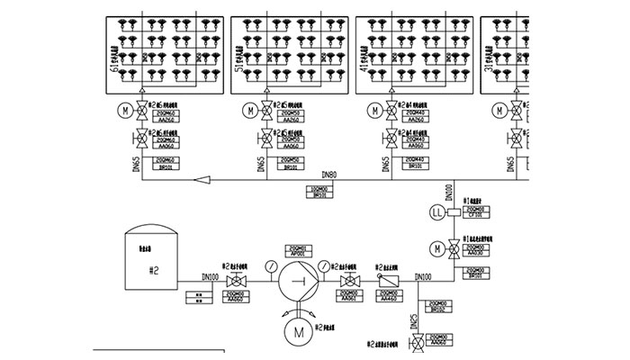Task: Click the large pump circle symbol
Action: [296, 283]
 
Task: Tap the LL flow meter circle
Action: [437, 212]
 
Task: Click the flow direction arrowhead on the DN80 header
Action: [203, 181]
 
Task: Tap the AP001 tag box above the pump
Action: [296, 251]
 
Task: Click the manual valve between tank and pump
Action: [239, 283]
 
